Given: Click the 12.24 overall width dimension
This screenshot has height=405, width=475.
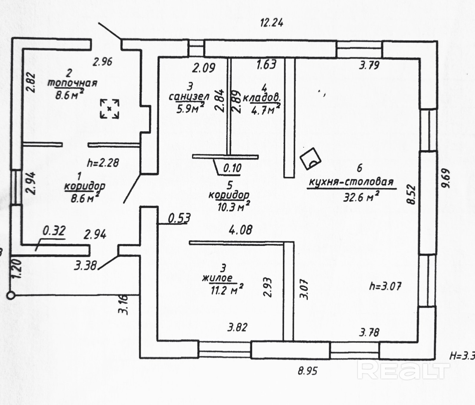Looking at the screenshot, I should tap(271, 23).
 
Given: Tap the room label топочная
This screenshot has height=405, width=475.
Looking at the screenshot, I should tap(72, 83).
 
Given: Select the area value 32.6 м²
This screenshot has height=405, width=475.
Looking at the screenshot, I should tap(361, 197).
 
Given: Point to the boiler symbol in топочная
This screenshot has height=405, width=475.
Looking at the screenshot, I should tap(110, 109).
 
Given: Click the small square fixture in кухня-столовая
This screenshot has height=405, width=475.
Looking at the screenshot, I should tap(310, 158).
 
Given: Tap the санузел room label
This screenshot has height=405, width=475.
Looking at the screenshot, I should tap(189, 96).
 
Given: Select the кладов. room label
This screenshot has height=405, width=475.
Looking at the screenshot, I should tap(262, 98).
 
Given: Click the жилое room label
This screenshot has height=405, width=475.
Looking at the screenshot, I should tap(217, 278).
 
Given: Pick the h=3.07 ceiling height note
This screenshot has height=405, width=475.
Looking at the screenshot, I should tap(385, 286).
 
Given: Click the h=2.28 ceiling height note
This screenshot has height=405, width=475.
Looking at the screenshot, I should tap(103, 162).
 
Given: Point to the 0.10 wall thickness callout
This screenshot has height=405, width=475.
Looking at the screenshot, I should tap(232, 168).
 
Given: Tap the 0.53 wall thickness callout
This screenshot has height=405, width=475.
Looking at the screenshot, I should tap(179, 218).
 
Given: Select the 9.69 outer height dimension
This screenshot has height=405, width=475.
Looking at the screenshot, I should tap(446, 178).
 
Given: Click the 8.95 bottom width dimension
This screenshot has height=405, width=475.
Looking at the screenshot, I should tap(308, 371).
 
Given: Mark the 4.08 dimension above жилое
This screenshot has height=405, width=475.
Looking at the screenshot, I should tap(240, 230).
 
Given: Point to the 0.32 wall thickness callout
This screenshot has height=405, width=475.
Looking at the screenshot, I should tap(54, 231).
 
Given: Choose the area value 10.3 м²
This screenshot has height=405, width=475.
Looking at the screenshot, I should tap(233, 206).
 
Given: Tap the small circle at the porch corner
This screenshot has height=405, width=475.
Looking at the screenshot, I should tap(11, 295).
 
